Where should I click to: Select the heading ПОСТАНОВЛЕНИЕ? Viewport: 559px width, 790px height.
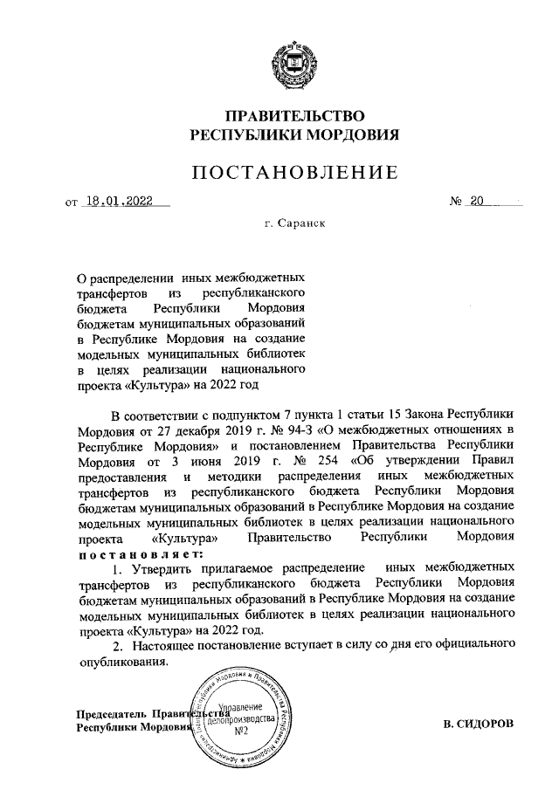pyautogui.click(x=295, y=173)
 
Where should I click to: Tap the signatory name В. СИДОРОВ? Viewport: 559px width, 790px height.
pyautogui.click(x=479, y=724)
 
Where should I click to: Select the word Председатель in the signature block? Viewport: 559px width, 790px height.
pyautogui.click(x=111, y=714)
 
